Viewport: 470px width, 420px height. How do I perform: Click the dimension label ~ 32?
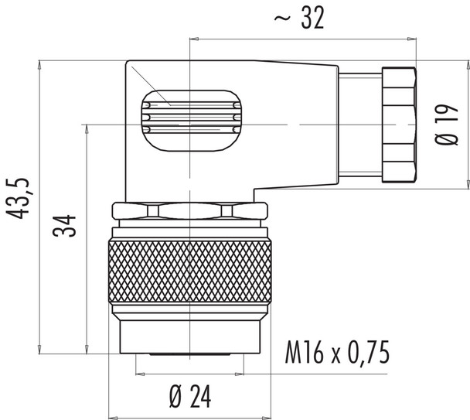[x=299, y=21]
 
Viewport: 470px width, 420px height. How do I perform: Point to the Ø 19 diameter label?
[x=444, y=128]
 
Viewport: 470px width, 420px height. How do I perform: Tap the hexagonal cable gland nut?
[x=399, y=124]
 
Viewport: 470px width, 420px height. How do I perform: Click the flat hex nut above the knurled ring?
[x=190, y=212]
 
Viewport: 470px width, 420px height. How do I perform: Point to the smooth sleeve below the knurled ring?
[x=190, y=332]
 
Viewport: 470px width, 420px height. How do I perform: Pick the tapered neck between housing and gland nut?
[x=359, y=124]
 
